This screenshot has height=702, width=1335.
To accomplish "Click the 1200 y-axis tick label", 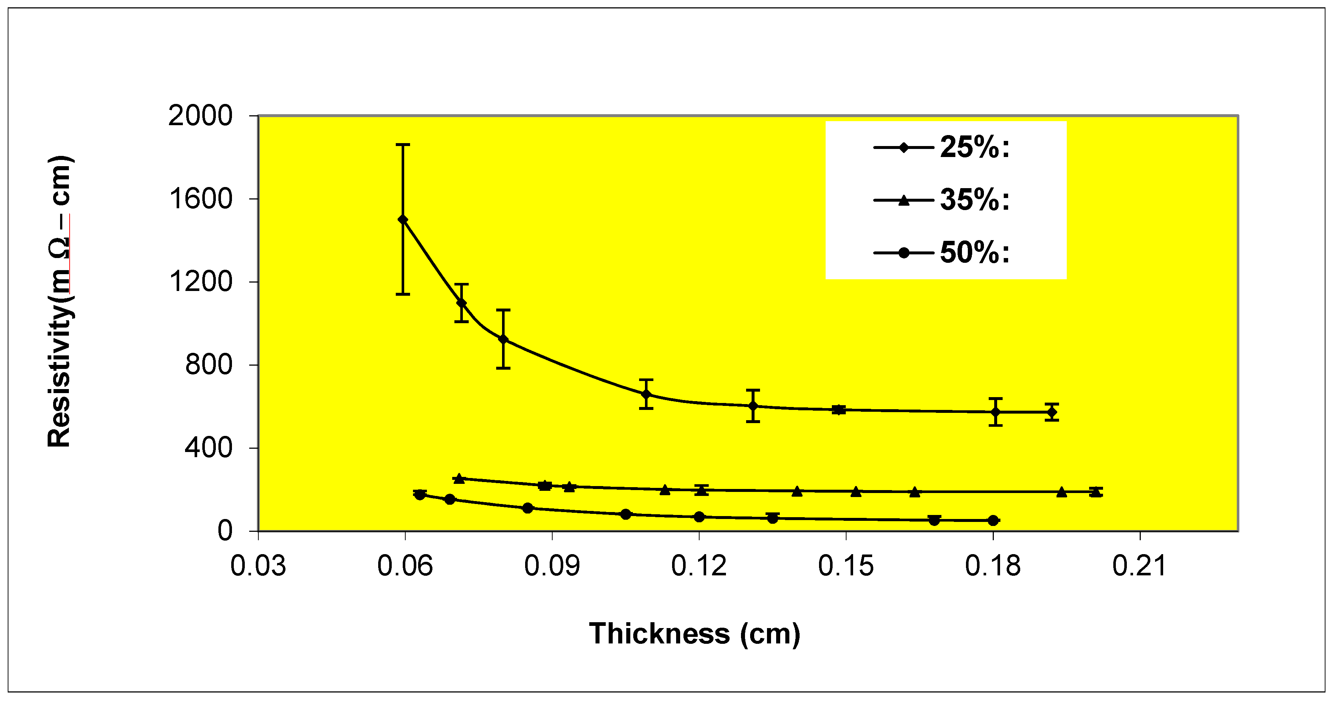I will (200, 282).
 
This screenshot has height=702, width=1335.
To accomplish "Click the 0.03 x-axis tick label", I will (258, 565).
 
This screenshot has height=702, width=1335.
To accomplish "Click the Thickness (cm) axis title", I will (694, 633).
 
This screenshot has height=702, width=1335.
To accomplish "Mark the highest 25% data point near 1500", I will (403, 220).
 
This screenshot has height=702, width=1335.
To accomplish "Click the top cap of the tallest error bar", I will (403, 145).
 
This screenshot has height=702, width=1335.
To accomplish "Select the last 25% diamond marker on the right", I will (1051, 412).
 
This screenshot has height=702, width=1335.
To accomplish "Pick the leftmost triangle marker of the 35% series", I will (459, 478).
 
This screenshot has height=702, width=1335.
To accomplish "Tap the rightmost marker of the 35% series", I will (1095, 491).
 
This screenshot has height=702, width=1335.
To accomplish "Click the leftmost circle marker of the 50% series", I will (420, 495).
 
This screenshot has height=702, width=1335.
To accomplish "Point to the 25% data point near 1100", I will (461, 303).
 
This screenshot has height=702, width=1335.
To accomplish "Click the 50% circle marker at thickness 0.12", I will (699, 517).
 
